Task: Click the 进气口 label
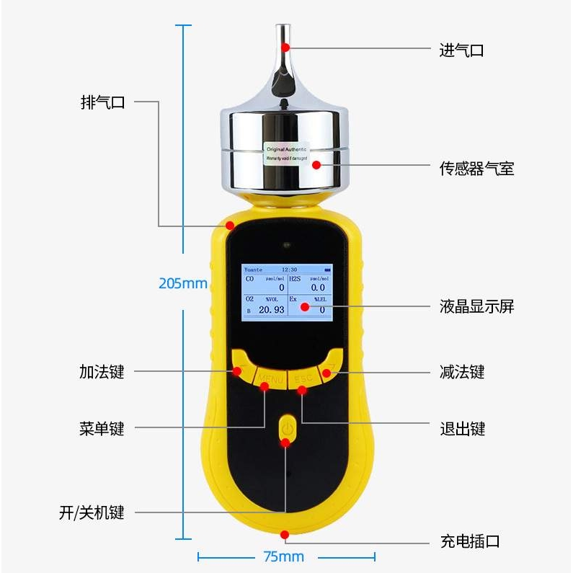(x=461, y=50)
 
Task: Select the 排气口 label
(x=102, y=102)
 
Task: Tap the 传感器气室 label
(x=476, y=169)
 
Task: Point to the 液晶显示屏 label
(x=476, y=306)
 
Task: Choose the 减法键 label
(x=462, y=372)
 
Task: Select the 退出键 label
(x=462, y=429)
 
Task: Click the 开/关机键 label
(x=92, y=512)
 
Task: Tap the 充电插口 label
(x=469, y=541)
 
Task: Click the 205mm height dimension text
(x=183, y=283)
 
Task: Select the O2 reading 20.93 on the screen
(x=271, y=309)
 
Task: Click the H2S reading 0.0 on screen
(x=317, y=288)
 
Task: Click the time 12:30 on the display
(x=288, y=269)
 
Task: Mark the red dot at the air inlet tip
(x=285, y=47)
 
